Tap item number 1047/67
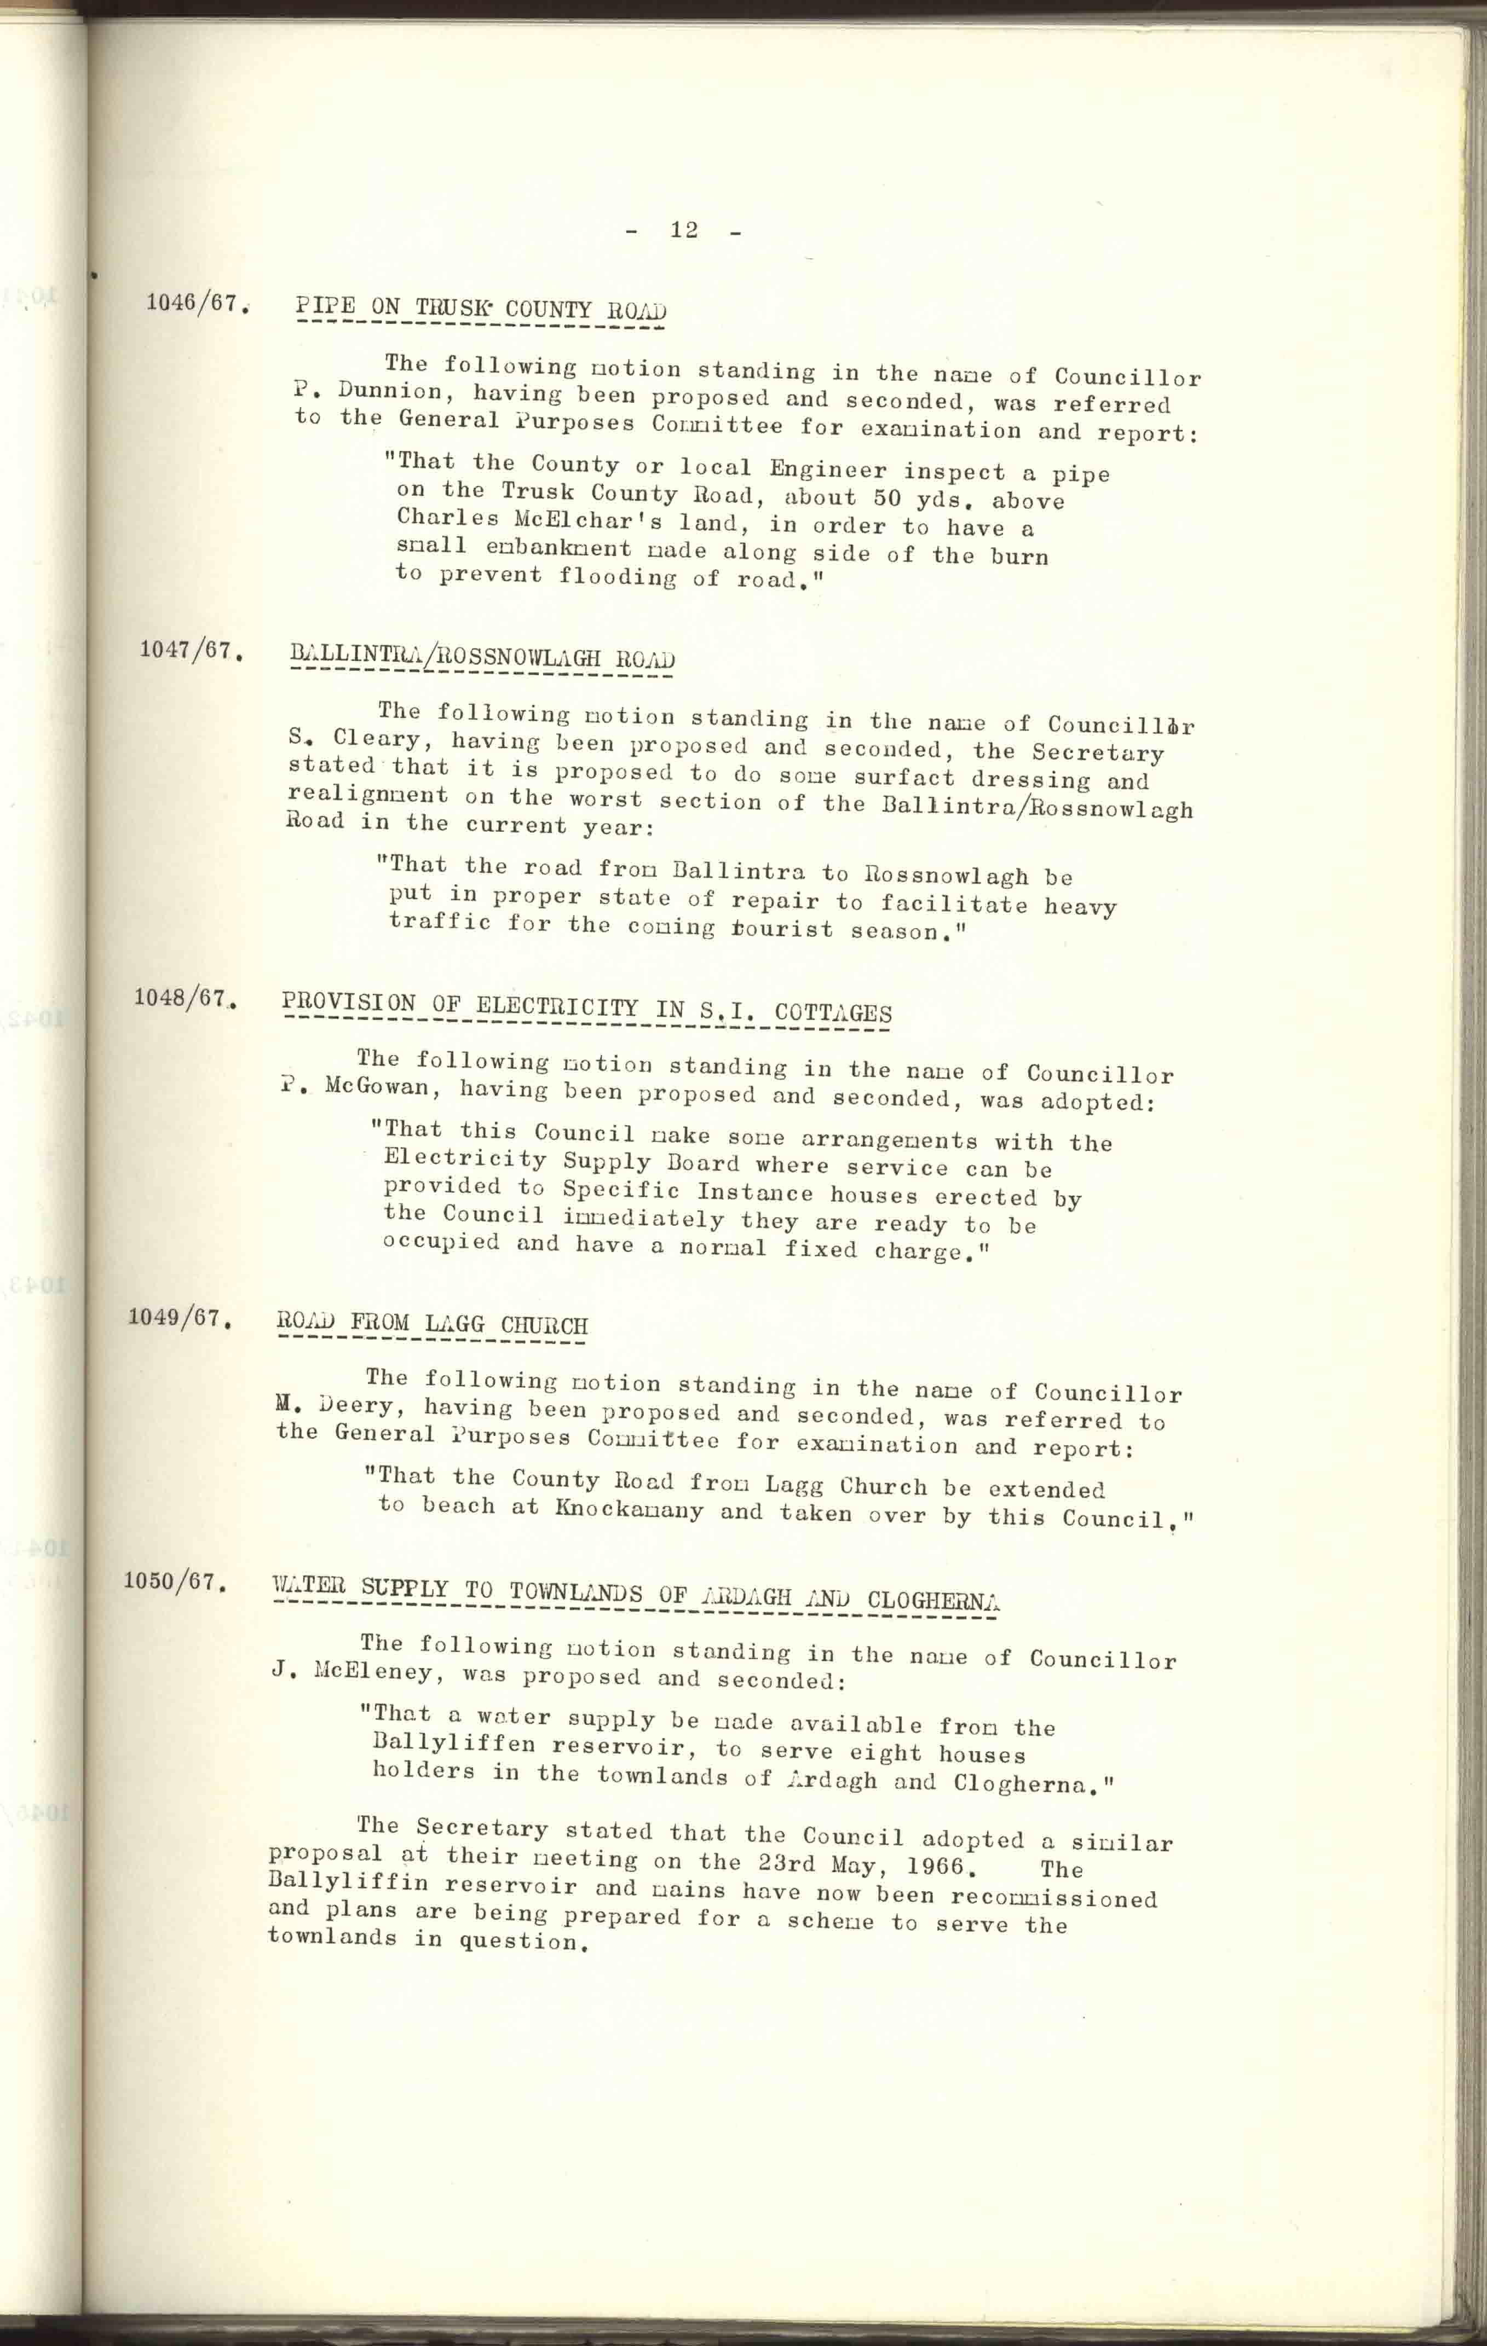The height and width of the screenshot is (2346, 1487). (x=189, y=649)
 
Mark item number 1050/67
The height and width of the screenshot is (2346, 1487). (x=174, y=1580)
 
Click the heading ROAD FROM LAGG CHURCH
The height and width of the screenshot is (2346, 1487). (x=431, y=1325)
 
